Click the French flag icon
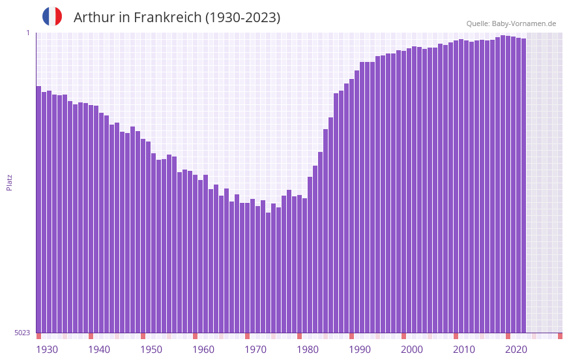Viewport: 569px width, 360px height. [x=52, y=17]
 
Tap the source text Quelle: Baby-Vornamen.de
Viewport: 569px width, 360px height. [x=511, y=23]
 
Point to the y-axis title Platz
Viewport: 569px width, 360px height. [x=9, y=182]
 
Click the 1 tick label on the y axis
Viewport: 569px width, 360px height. [x=27, y=33]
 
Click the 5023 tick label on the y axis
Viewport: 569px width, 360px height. [x=22, y=333]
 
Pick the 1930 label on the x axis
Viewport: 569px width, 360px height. [x=47, y=350]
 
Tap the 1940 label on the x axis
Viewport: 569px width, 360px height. [x=99, y=350]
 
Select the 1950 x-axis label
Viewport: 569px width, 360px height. [x=151, y=350]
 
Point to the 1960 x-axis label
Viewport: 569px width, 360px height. [x=203, y=350]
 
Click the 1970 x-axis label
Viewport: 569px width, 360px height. [x=255, y=350]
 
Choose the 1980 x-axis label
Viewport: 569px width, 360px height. [x=308, y=350]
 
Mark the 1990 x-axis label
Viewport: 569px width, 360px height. [x=360, y=350]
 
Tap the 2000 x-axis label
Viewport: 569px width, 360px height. [x=412, y=350]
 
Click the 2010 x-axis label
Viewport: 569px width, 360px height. [x=464, y=350]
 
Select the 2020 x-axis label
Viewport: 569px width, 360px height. [x=516, y=350]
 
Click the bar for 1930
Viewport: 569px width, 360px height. [x=38, y=209]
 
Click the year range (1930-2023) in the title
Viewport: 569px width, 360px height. [x=242, y=18]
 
